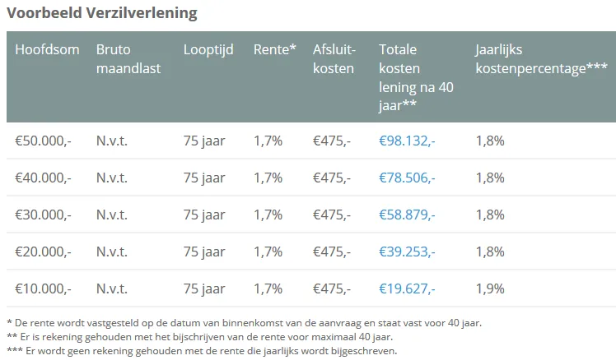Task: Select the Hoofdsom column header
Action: (47, 49)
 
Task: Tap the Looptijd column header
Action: (207, 49)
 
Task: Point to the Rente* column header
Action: (275, 49)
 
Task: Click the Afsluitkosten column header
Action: (334, 58)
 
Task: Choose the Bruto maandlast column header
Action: (128, 58)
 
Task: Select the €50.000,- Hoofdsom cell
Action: (43, 141)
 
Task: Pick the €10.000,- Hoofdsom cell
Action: (43, 288)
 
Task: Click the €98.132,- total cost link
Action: (407, 141)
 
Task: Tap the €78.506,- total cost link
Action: (407, 178)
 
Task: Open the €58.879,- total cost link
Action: (407, 215)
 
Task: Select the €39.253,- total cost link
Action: (407, 252)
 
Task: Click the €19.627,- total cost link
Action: (407, 288)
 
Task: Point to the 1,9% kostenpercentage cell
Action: (490, 288)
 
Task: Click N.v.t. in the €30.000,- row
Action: (112, 215)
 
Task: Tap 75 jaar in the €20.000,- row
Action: (204, 252)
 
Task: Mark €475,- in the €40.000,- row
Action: (332, 178)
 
